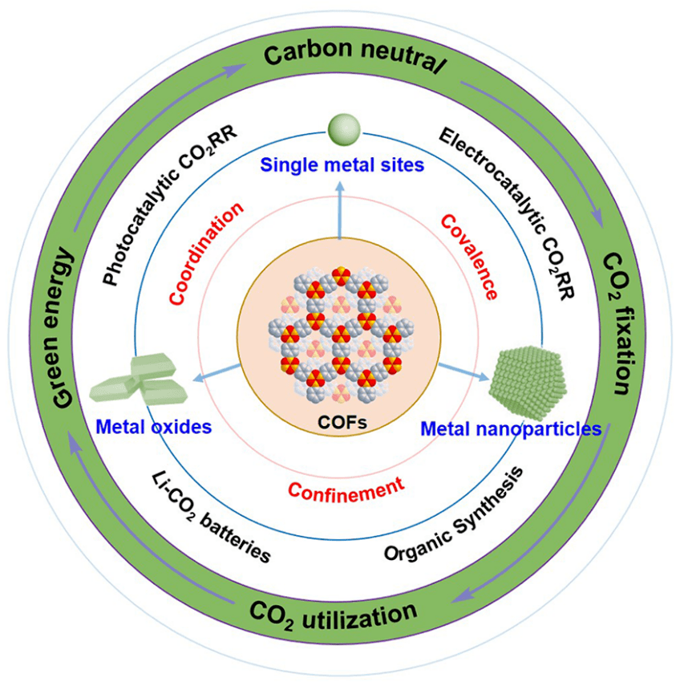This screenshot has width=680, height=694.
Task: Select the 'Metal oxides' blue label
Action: coord(152,426)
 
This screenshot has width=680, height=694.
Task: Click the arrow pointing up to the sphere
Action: coord(340,212)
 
